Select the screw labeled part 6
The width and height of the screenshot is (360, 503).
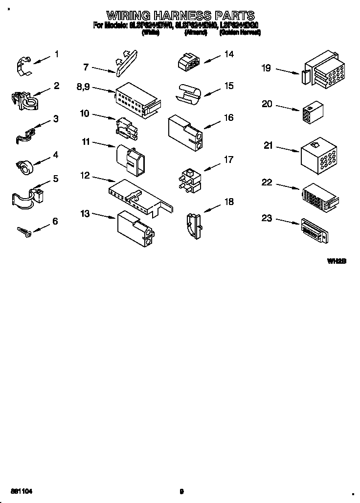tap(24, 230)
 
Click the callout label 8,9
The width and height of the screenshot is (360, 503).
tap(84, 87)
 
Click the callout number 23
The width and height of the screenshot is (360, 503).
tap(267, 218)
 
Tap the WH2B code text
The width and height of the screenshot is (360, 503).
tap(337, 262)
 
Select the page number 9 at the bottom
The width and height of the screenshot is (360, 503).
tap(181, 491)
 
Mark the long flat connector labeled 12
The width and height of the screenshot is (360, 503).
tap(139, 195)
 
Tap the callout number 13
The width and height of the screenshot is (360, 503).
tap(85, 213)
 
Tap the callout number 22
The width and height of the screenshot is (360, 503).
tap(267, 183)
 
